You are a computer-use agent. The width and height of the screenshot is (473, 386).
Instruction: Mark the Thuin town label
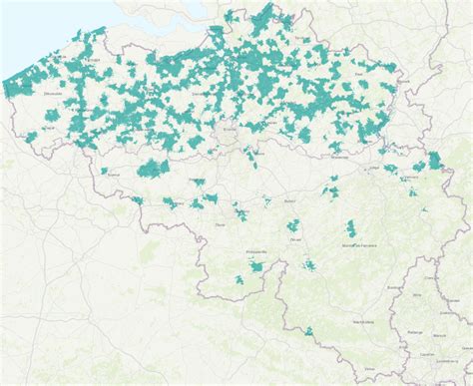[219, 225]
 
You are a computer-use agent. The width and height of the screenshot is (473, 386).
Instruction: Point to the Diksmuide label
[53, 94]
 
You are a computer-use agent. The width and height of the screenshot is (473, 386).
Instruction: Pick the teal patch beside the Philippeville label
[257, 267]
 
